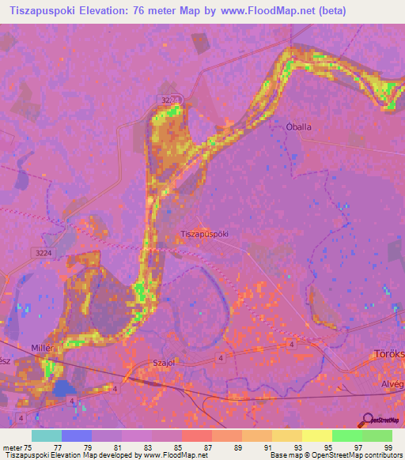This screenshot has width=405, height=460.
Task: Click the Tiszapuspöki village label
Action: (205, 235)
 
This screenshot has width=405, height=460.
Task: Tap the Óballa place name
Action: (298, 126)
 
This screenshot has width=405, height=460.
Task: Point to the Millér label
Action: (41, 349)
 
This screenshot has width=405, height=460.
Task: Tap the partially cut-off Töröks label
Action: (388, 353)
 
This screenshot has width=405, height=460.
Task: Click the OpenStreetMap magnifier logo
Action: (367, 420)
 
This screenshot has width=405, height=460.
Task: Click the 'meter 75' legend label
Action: (17, 447)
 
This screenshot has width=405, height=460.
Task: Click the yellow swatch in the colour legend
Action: (316, 435)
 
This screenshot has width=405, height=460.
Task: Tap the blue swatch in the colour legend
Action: (77, 435)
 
